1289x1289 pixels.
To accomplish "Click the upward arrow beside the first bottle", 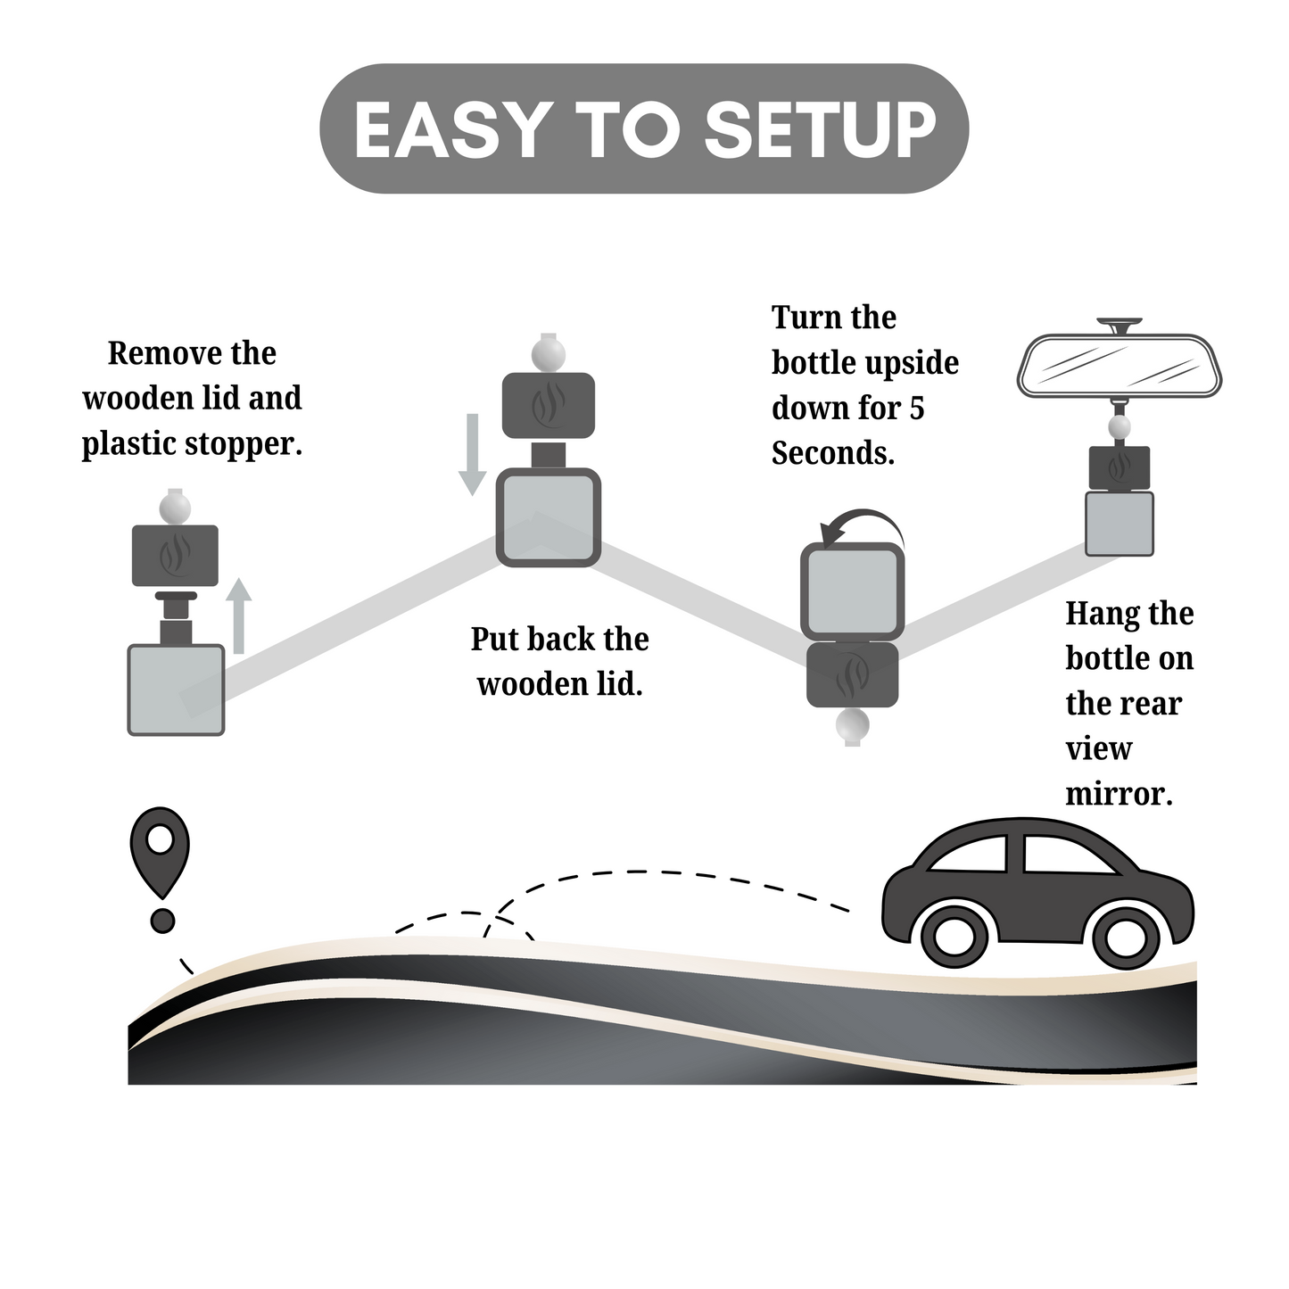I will click(238, 615).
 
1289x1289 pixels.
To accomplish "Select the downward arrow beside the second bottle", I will click(472, 454).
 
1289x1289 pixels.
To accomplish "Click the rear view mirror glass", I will click(1120, 365).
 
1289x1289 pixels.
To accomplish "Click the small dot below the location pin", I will click(162, 921).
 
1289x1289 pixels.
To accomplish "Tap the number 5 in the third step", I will click(916, 409).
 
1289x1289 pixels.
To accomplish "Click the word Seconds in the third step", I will click(832, 453).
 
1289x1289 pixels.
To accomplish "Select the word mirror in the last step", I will click(1119, 793).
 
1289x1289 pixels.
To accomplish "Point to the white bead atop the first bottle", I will click(175, 509).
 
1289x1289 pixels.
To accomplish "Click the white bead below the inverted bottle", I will click(852, 726).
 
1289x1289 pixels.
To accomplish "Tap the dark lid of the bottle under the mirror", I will click(1120, 467).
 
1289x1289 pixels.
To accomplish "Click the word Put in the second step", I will click(495, 640).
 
